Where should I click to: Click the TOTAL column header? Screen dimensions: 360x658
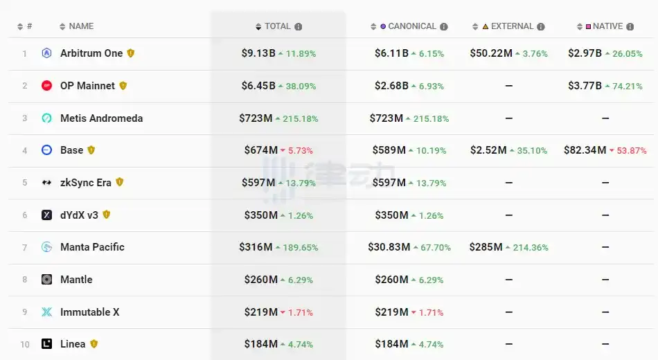point(277,26)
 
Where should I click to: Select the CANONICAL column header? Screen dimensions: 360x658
point(412,26)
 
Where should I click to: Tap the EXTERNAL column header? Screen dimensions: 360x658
point(512,26)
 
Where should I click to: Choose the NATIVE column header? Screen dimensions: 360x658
point(607,26)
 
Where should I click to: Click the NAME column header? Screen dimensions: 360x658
point(81,26)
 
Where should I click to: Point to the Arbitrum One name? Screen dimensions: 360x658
point(91,53)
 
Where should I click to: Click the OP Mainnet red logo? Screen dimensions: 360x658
point(47,86)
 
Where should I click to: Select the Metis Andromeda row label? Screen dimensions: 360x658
point(101,118)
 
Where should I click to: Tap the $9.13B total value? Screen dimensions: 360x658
point(258,53)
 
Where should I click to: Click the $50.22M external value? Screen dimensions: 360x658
point(491,53)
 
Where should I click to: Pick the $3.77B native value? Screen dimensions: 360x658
point(585,86)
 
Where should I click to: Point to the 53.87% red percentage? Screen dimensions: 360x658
point(631,151)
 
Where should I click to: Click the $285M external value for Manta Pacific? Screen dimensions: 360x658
point(486,247)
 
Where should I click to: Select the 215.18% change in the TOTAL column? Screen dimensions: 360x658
point(300,119)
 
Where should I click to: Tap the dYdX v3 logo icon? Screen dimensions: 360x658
point(47,215)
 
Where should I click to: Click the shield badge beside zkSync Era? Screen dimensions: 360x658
point(120,182)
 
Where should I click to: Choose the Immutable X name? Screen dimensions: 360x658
point(89,312)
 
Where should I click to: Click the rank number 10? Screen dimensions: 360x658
point(25,345)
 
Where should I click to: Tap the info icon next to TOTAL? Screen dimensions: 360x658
point(299,27)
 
